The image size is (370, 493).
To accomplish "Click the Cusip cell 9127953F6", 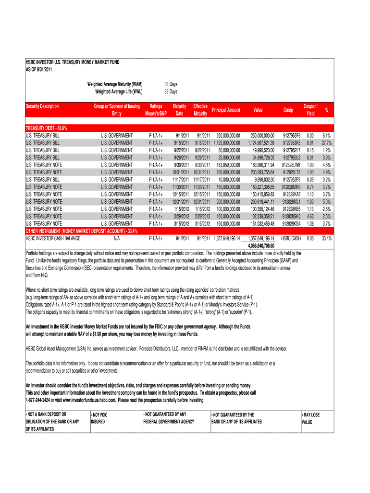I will (292, 136).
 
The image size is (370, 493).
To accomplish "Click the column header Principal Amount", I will (226, 110).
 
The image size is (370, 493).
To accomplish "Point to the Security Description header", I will (42, 106).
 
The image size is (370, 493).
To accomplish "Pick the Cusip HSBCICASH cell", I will (291, 238).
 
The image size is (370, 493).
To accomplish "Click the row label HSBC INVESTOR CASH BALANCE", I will (53, 238).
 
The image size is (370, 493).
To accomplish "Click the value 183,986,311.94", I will (262, 165).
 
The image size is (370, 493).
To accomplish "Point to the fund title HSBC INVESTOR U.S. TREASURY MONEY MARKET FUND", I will (72, 63).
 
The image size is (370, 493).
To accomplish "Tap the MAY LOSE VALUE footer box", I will (310, 418).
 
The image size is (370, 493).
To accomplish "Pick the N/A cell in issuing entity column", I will (117, 238).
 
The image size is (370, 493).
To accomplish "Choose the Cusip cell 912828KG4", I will (291, 224).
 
